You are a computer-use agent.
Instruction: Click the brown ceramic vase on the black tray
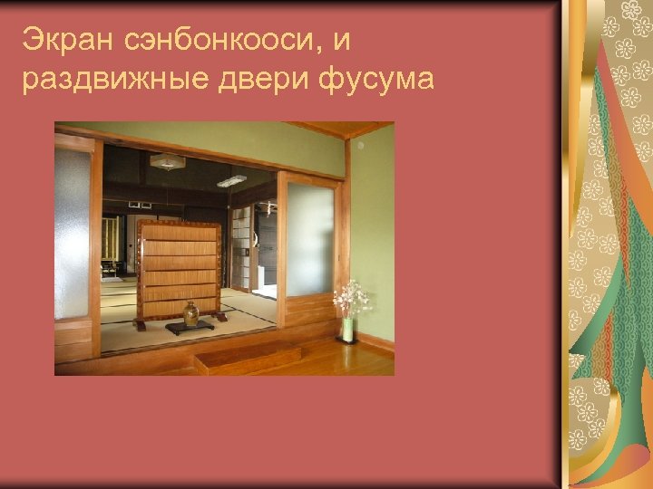pyautogui.click(x=190, y=314)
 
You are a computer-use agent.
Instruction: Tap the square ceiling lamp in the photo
pyautogui.click(x=167, y=161)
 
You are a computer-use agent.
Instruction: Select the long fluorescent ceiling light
pyautogui.click(x=232, y=180)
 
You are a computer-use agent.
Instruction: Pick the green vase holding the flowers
pyautogui.click(x=347, y=329)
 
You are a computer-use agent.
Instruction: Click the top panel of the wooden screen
pyautogui.click(x=179, y=233)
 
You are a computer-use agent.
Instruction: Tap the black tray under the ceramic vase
pyautogui.click(x=190, y=329)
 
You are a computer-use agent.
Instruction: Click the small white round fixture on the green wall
pyautogui.click(x=360, y=145)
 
